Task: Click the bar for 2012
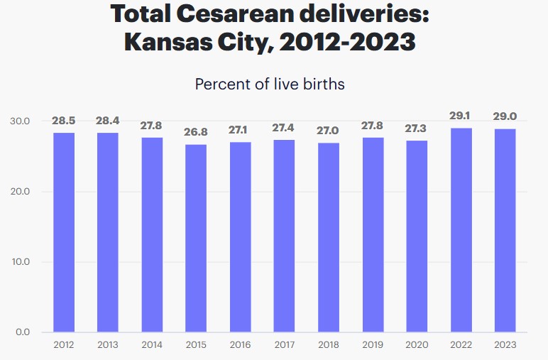[x=63, y=232]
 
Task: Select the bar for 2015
[x=196, y=238]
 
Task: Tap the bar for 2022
[x=461, y=230]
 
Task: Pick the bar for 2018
[x=329, y=237]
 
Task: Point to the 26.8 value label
[x=196, y=133]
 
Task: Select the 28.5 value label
[x=63, y=121]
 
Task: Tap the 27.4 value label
[x=284, y=129]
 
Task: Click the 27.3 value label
[x=417, y=129]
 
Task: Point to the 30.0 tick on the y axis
[x=20, y=121]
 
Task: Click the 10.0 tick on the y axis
[x=20, y=262]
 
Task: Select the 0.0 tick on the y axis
[x=23, y=332]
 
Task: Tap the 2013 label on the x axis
[x=107, y=345]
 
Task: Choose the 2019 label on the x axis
[x=373, y=345]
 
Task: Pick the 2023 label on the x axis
[x=505, y=345]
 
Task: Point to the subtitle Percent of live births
[x=270, y=84]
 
